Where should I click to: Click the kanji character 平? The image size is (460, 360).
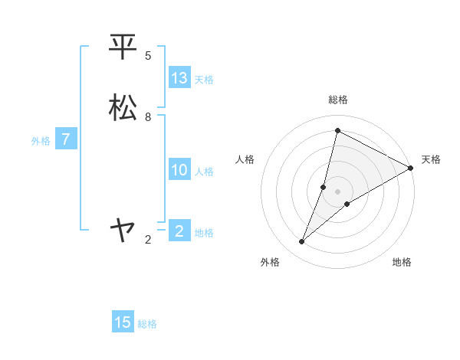click(123, 47)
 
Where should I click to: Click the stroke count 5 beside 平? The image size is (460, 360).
click(148, 56)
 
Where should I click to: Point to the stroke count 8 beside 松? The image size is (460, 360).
click(148, 117)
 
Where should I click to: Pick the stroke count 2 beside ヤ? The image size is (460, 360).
click(148, 240)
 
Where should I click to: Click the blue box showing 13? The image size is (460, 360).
click(179, 78)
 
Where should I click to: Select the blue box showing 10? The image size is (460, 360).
click(179, 170)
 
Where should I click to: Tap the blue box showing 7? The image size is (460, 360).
click(67, 139)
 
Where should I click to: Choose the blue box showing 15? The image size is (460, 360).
click(123, 322)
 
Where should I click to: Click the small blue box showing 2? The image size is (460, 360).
click(179, 231)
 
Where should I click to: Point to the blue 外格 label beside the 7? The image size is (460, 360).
click(41, 141)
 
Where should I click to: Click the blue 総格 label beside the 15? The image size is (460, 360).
click(147, 324)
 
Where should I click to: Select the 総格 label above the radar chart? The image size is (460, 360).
click(338, 100)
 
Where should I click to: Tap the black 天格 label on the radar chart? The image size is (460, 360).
click(431, 159)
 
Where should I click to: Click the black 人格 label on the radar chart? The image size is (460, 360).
click(245, 159)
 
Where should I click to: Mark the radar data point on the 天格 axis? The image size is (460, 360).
click(411, 169)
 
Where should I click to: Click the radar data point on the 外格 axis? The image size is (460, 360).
click(302, 242)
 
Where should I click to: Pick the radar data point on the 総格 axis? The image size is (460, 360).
click(337, 129)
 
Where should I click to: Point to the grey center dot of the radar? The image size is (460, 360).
click(338, 191)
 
